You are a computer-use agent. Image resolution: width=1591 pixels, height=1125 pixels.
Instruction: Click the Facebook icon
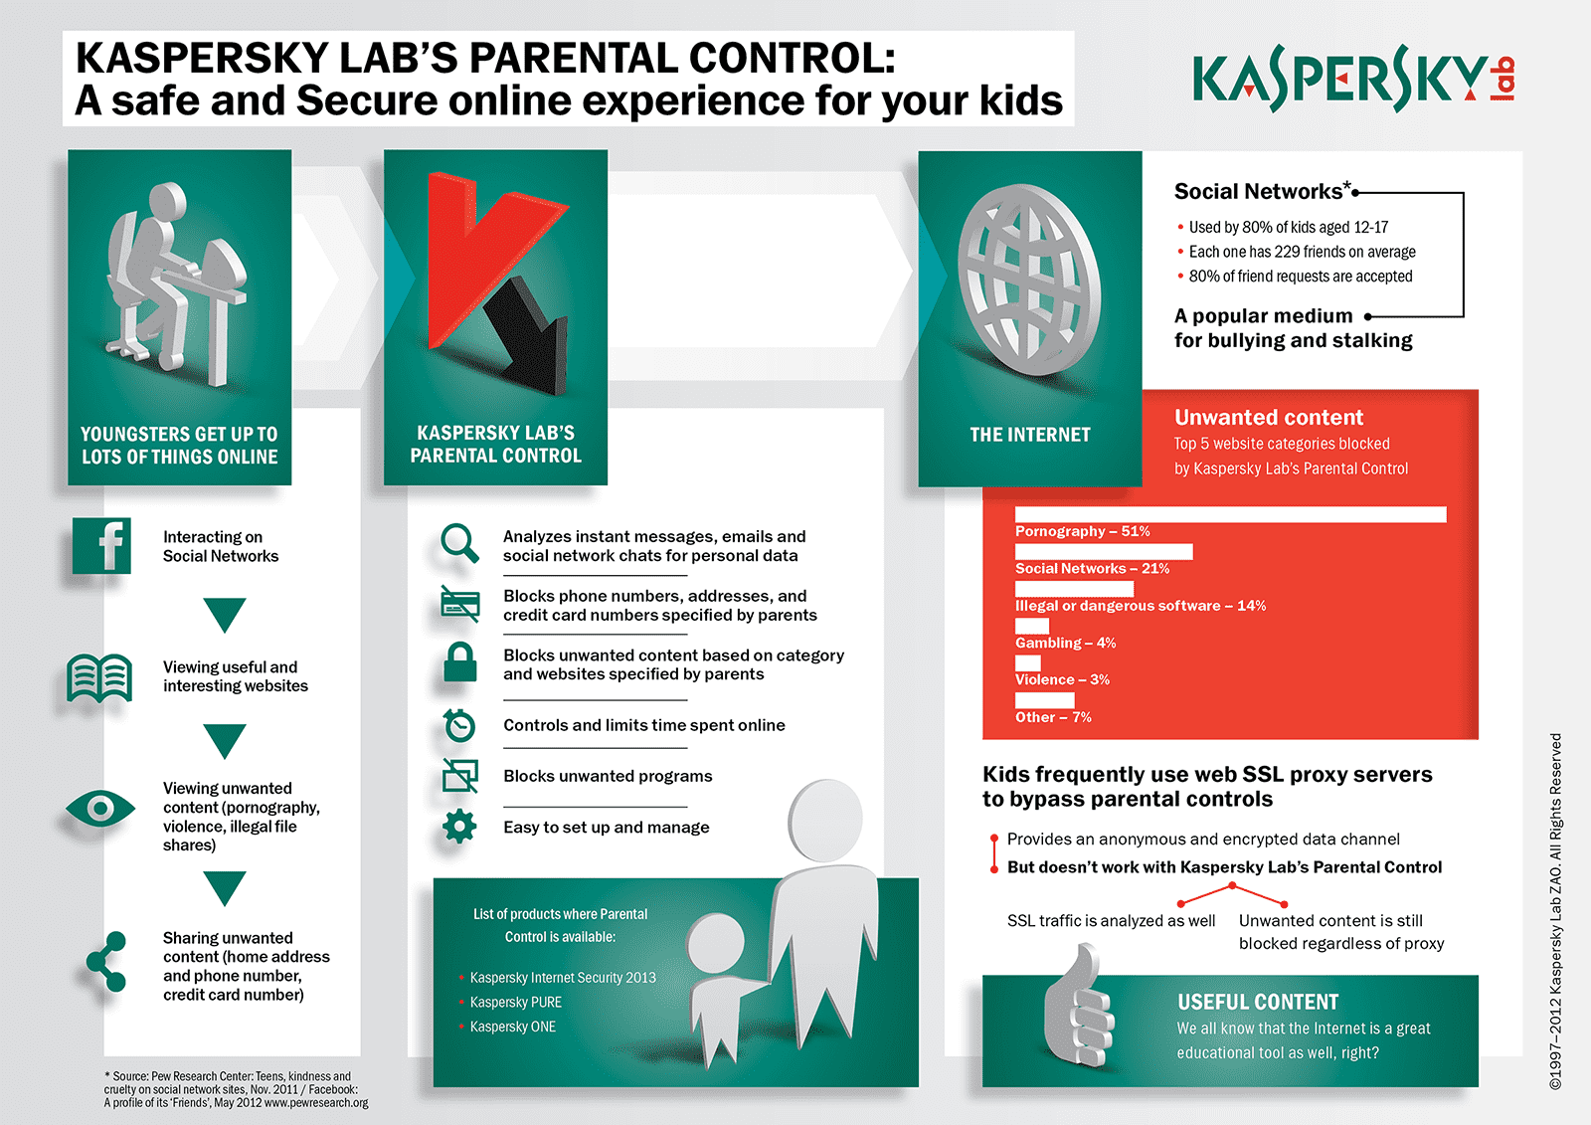pyautogui.click(x=101, y=546)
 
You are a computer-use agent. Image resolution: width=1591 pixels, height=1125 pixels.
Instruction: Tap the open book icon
pyautogui.click(x=99, y=677)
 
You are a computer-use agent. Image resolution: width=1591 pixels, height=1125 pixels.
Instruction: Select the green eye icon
pyautogui.click(x=99, y=809)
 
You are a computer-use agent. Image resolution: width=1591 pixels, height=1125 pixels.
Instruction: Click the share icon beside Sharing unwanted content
pyautogui.click(x=106, y=961)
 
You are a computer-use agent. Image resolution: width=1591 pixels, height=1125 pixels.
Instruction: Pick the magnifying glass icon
pyautogui.click(x=459, y=543)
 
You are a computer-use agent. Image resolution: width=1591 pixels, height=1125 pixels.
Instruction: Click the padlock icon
pyautogui.click(x=459, y=662)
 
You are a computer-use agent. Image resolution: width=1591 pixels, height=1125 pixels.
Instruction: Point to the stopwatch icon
pyautogui.click(x=459, y=725)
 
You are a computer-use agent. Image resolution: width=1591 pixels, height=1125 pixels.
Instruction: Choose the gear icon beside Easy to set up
pyautogui.click(x=459, y=827)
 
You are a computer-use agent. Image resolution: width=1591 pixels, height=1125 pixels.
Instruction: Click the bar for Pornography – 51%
pyautogui.click(x=1230, y=514)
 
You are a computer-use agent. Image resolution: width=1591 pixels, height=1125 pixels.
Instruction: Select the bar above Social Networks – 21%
pyautogui.click(x=1104, y=551)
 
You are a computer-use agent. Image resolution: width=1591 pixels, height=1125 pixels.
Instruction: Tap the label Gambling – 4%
pyautogui.click(x=1065, y=643)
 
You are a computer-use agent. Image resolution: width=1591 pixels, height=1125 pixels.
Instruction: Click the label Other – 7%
pyautogui.click(x=1053, y=717)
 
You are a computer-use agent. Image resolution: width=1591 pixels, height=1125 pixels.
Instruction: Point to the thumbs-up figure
pyautogui.click(x=1078, y=1010)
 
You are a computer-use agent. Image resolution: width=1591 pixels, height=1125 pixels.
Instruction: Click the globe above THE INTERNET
pyautogui.click(x=1028, y=281)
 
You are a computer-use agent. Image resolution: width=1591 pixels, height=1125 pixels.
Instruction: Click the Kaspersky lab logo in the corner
pyautogui.click(x=1352, y=80)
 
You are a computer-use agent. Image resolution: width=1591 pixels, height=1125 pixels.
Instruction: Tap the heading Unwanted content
pyautogui.click(x=1269, y=418)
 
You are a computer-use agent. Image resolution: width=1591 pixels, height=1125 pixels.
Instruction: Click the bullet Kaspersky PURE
pyautogui.click(x=516, y=1003)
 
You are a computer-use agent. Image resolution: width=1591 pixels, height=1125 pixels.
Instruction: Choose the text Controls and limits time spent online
pyautogui.click(x=644, y=725)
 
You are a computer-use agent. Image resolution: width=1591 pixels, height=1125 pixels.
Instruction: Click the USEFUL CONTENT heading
pyautogui.click(x=1258, y=1002)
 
